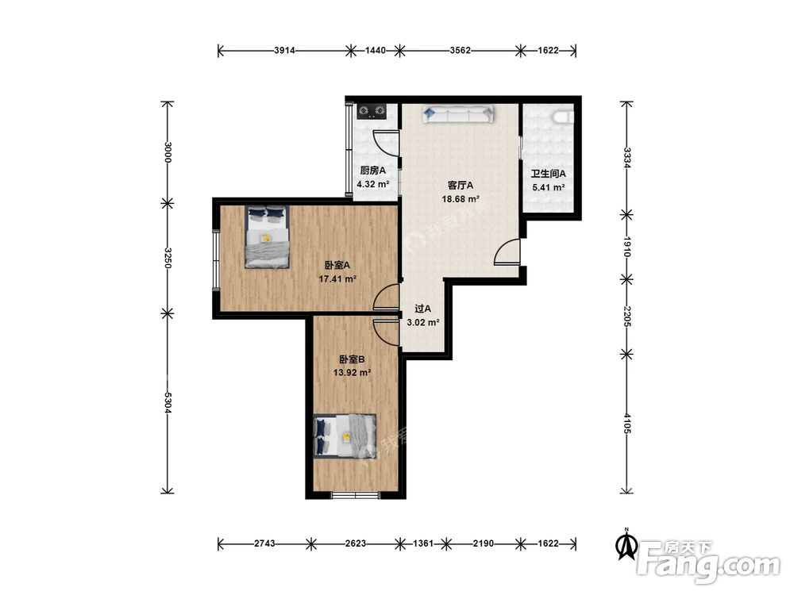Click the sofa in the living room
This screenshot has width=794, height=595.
pos(458,113)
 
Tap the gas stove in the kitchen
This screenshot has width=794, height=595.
pos(372,111)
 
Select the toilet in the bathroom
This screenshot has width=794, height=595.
pos(564,117)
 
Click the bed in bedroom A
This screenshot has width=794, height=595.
pos(268,236)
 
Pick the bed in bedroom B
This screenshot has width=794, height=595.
pos(345,436)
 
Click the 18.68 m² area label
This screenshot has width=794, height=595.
pos(461,199)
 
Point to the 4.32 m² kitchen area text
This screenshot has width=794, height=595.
pos(372,184)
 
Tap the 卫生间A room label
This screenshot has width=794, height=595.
pos(548,174)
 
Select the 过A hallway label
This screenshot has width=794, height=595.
pos(423,309)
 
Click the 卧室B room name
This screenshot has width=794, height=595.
pos(352,359)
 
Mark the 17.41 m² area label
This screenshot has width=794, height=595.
pos(337,278)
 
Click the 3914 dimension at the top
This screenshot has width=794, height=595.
pos(284,50)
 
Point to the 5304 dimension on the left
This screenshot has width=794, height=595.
pos(168,403)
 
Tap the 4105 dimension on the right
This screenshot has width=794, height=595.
pos(627,423)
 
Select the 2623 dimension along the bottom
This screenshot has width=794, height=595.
pos(356,543)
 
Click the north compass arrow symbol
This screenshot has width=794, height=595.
pos(626,545)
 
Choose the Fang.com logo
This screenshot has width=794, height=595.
pos(708,559)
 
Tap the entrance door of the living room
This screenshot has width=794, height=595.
pos(507,251)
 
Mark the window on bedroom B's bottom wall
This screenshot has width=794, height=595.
pos(356,494)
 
